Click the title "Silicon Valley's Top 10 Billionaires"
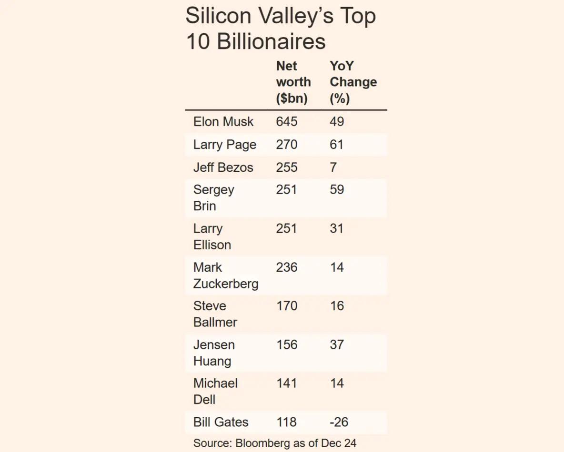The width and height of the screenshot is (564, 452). (x=280, y=29)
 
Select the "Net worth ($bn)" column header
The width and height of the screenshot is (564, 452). (x=293, y=82)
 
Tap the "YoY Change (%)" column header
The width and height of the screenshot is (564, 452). (x=353, y=82)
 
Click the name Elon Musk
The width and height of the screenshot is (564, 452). (x=223, y=122)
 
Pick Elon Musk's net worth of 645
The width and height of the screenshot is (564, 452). (x=286, y=122)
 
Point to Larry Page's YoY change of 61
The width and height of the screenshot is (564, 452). (x=336, y=145)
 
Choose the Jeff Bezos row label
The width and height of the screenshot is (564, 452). (x=223, y=167)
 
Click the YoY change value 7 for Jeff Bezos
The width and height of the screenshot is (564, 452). (x=333, y=167)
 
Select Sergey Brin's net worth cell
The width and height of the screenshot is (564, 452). (x=286, y=190)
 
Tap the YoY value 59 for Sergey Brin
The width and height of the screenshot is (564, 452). (x=337, y=190)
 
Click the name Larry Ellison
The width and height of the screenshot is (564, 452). (x=212, y=236)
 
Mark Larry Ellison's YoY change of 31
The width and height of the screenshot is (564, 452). (x=337, y=229)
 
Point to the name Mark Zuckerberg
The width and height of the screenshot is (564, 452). (x=225, y=275)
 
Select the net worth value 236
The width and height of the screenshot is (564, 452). (x=286, y=267)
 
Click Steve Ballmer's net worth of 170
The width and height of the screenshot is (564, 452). (x=286, y=306)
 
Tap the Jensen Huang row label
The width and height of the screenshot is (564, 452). (x=213, y=353)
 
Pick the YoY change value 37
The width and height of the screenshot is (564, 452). (x=337, y=344)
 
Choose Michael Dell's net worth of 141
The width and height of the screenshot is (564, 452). (x=286, y=383)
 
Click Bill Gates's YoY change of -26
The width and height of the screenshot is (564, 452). (x=339, y=422)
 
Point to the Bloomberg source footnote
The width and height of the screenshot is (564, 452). (x=274, y=443)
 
